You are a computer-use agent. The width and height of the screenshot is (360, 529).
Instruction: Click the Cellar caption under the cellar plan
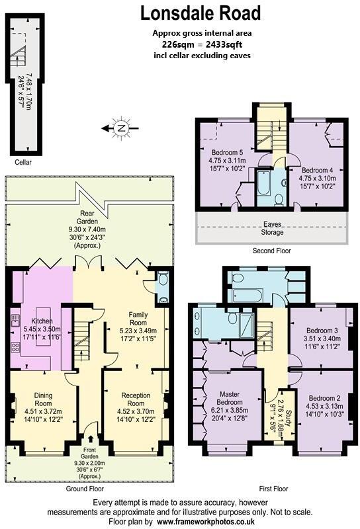(x=22, y=162)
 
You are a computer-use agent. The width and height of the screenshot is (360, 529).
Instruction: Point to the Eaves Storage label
(x=271, y=228)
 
